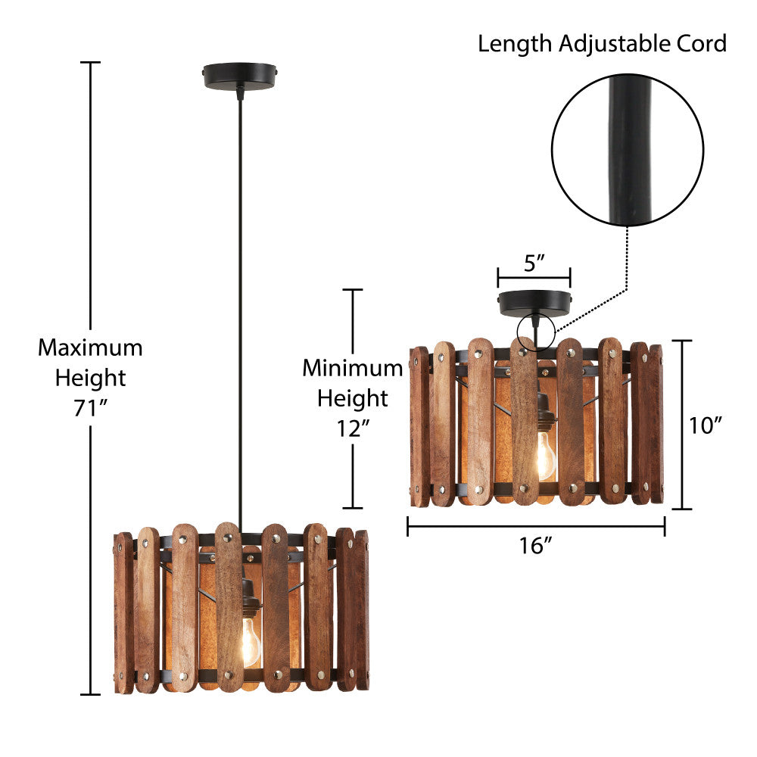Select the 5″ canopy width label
pyautogui.click(x=534, y=263)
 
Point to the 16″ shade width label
pyautogui.click(x=536, y=546)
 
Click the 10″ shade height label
pyautogui.click(x=706, y=426)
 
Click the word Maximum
pyautogui.click(x=90, y=348)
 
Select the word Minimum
pyautogui.click(x=353, y=369)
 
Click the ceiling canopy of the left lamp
pyautogui.click(x=241, y=75)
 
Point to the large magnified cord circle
pyautogui.click(x=628, y=149)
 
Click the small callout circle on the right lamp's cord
pyautogui.click(x=535, y=333)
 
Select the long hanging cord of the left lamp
pyautogui.click(x=241, y=303)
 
